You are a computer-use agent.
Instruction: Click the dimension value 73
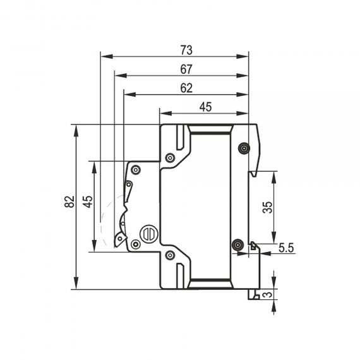pyautogui.click(x=186, y=51)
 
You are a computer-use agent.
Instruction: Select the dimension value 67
pyautogui.click(x=186, y=69)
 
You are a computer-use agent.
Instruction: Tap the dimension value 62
pyautogui.click(x=186, y=88)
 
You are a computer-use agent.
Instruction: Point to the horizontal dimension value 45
pyautogui.click(x=205, y=107)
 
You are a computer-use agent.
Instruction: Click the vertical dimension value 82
pyautogui.click(x=69, y=202)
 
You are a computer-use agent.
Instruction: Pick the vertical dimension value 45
pyautogui.click(x=88, y=202)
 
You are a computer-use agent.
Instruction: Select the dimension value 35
pyautogui.click(x=267, y=207)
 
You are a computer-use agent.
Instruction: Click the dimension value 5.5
pyautogui.click(x=286, y=248)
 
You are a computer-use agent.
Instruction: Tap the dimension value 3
pyautogui.click(x=267, y=294)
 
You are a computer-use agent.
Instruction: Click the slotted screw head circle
pyautogui.click(x=149, y=234)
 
